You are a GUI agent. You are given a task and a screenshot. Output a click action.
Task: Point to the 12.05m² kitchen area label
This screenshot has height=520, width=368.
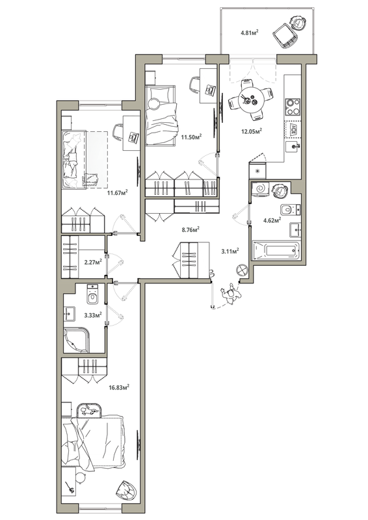click(x=251, y=131)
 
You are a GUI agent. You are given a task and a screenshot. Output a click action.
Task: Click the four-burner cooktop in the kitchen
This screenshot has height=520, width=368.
click(x=293, y=105)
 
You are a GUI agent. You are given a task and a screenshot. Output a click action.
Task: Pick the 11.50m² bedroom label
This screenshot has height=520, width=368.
click(x=191, y=136)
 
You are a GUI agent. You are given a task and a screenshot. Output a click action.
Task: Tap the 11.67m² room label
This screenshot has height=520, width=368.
click(x=116, y=192)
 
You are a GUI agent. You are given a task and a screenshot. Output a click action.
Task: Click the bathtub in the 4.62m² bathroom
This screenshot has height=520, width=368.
click(x=276, y=250)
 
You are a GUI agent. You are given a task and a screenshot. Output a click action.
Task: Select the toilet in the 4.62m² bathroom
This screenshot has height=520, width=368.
click(x=288, y=209)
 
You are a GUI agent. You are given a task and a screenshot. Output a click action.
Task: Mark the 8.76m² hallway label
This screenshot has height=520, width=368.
click(x=189, y=229)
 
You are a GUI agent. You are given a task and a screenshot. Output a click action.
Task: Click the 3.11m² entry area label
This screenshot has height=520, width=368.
click(x=230, y=250)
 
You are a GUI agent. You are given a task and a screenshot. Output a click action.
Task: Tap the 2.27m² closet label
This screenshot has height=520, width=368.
click(x=94, y=263)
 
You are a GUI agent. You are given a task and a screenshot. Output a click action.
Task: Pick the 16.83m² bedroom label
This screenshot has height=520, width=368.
click(x=118, y=387)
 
